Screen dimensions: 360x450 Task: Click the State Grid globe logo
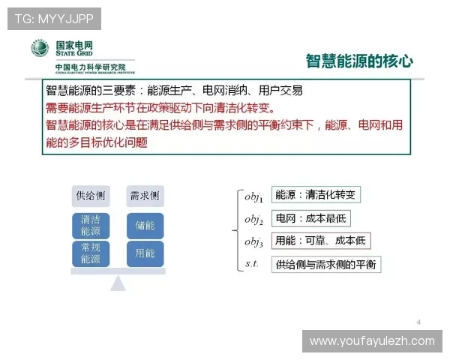40,49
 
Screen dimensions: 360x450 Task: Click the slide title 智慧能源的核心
359,61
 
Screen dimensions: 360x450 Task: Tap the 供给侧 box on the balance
91,196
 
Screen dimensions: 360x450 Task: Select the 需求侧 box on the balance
145,196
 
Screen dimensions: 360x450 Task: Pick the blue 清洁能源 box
91,225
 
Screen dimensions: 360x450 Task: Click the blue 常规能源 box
91,253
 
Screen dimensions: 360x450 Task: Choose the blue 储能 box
145,225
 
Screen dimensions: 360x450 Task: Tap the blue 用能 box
145,253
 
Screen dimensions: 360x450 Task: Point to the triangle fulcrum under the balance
118,283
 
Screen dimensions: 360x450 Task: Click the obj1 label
253,196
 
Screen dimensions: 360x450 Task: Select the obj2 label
253,219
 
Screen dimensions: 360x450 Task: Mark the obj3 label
253,241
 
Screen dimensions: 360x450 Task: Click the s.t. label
252,263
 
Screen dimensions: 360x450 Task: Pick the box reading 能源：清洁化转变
315,195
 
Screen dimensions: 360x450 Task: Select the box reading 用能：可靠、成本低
320,241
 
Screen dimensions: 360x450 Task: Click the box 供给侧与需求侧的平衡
325,264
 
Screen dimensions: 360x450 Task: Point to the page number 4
418,322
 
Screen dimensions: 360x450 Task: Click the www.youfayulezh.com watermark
372,341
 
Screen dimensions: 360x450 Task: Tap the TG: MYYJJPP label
53,17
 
